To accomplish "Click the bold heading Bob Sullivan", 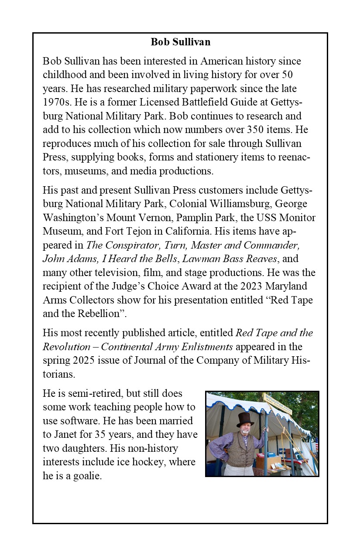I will point(180,42).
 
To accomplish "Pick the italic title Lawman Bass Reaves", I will point(230,259).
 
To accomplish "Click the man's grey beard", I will point(246,432).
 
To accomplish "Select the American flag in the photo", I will point(316,446).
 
